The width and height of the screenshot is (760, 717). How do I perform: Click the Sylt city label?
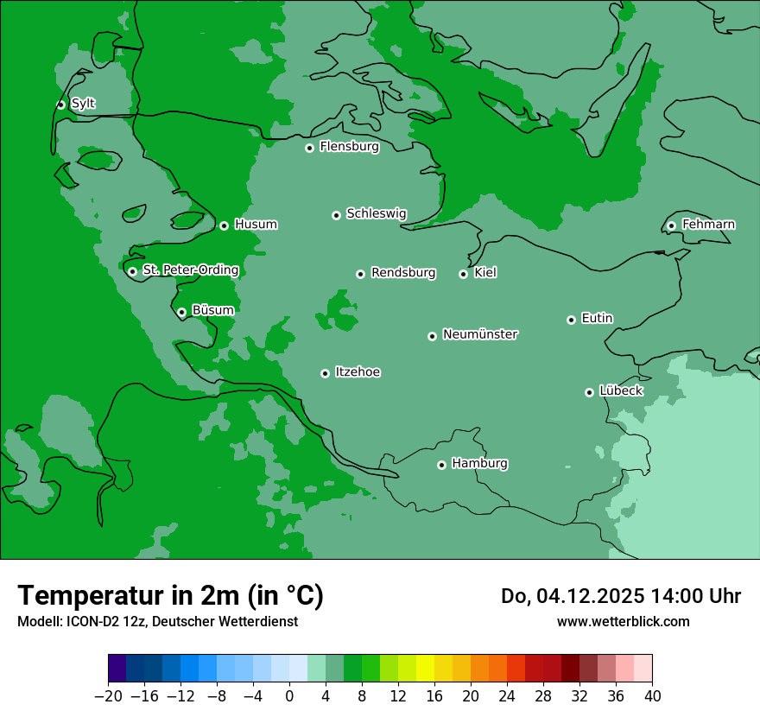point(83,104)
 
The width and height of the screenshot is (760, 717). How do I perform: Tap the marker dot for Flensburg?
point(309,148)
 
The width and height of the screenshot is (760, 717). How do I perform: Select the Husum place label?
point(256,225)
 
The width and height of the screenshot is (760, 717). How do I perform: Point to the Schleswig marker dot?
point(336,215)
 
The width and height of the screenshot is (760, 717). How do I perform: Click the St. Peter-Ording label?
point(190,270)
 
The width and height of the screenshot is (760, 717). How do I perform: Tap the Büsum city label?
point(212,310)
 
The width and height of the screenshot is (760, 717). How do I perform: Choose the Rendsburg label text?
point(403,273)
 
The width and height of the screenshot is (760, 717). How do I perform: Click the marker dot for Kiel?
point(463,274)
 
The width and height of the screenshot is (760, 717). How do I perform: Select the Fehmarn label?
point(708,225)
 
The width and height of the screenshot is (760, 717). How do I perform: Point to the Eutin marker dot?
point(571,320)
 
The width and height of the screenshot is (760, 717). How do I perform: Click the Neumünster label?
point(480,334)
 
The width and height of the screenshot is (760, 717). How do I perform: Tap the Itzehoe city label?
point(358,372)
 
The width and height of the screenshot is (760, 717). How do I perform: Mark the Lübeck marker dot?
point(589,392)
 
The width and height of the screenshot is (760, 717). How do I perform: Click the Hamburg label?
point(479,464)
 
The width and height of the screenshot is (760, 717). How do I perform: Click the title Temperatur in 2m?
point(170,595)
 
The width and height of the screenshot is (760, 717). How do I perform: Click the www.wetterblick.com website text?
point(623,621)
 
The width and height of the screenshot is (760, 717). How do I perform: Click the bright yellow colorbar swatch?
point(425,669)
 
